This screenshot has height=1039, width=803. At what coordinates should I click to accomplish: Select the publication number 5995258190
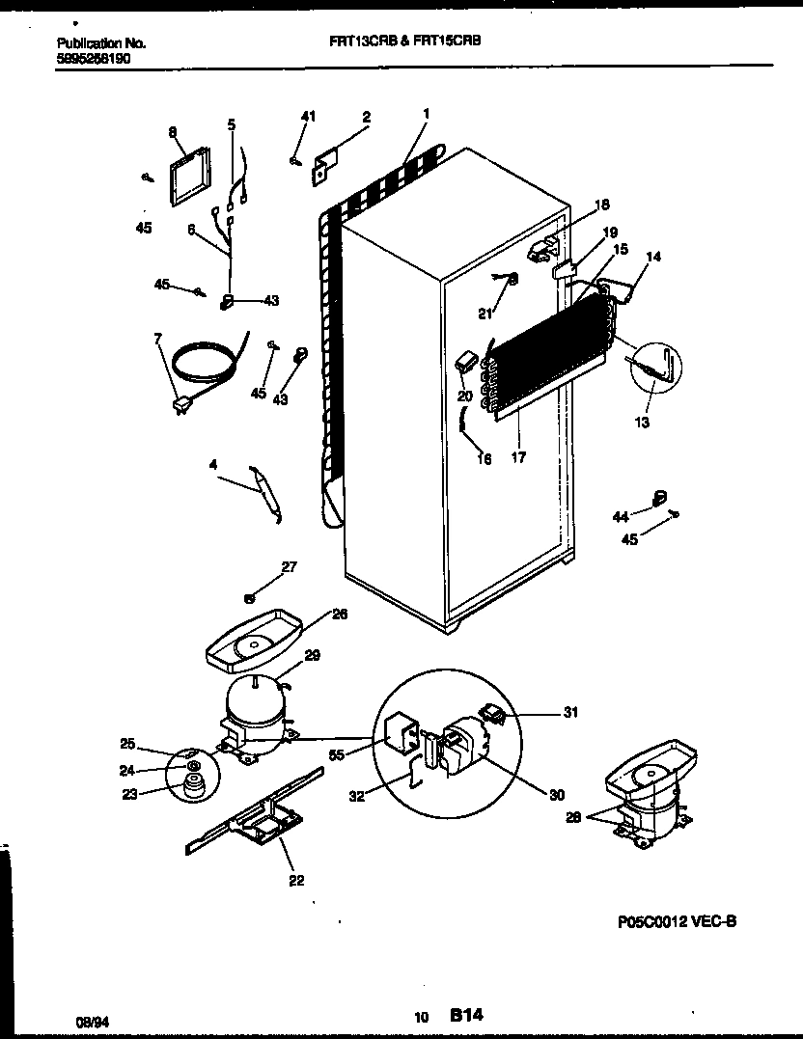(94, 59)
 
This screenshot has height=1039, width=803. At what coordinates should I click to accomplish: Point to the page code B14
(465, 1015)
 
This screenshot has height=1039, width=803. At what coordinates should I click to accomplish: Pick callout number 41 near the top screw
(307, 117)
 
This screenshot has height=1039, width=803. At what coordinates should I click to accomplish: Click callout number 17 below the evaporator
(518, 458)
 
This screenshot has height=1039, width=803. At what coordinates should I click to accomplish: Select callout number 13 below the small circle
(642, 423)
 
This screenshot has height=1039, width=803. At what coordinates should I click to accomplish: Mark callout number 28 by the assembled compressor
(574, 816)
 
